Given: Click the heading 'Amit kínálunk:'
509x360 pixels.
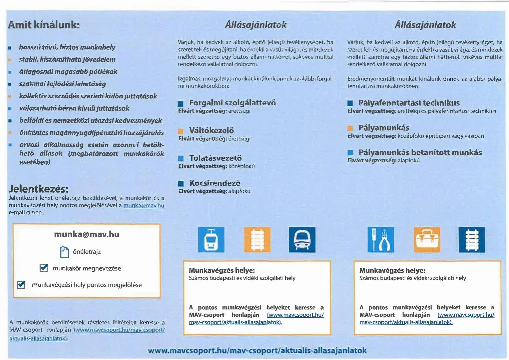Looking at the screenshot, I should (44, 25).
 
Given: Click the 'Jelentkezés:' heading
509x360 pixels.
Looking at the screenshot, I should (38, 189).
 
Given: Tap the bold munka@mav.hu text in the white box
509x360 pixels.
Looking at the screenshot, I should (87, 234).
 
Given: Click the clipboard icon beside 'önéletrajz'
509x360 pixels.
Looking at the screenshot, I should (64, 252).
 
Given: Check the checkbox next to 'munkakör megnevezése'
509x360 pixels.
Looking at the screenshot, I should (44, 268).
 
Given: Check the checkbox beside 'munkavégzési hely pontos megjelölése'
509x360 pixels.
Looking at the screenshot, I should (21, 285).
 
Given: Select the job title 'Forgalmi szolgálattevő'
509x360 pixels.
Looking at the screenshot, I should (232, 103).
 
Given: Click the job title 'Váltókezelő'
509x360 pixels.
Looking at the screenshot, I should (211, 130).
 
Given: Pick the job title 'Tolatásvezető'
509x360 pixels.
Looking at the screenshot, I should (215, 158).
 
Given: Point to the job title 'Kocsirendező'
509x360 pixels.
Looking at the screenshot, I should (215, 183).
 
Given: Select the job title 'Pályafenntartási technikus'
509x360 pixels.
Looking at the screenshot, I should (409, 103).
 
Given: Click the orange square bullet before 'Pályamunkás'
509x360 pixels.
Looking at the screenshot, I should (350, 128).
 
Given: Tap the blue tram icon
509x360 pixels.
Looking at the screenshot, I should (211, 240).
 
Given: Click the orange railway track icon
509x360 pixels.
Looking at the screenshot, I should (257, 240).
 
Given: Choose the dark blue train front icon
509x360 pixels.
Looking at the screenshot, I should (302, 240).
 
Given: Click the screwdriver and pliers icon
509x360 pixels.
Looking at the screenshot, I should (381, 240).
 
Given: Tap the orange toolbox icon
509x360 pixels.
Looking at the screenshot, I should (426, 240).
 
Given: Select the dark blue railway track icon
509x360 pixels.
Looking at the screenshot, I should (472, 240).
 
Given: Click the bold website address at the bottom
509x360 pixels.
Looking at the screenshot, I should (257, 350).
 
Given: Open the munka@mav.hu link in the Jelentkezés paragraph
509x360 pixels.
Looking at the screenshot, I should (144, 205).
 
